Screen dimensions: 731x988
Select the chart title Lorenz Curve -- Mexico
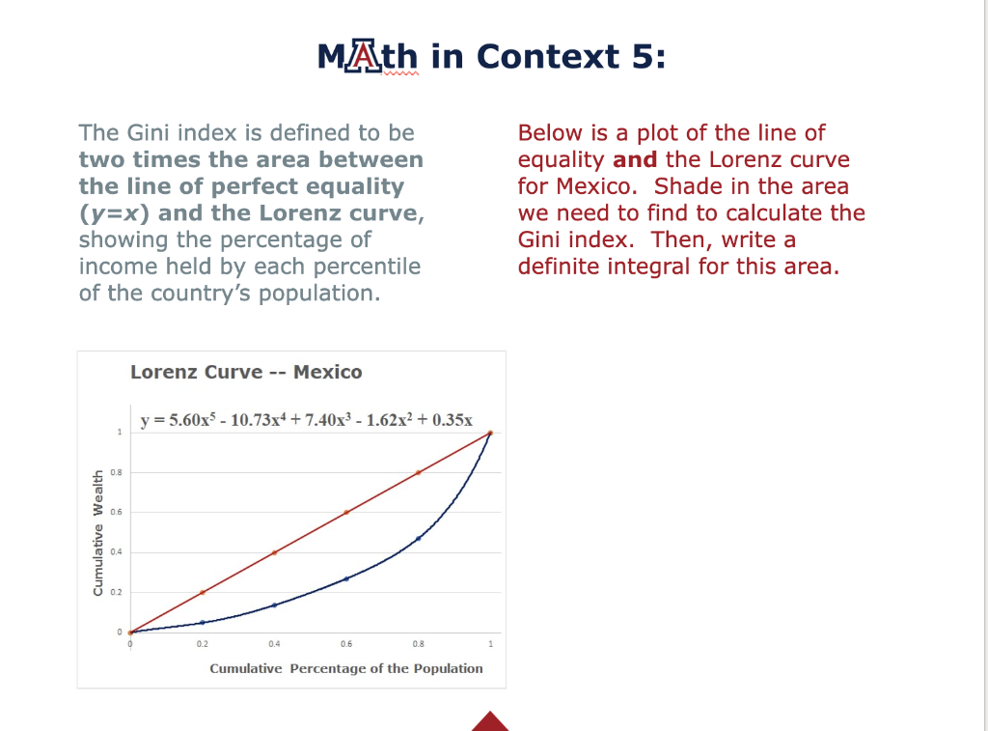tap(246, 372)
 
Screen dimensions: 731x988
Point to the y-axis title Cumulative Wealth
tap(97, 532)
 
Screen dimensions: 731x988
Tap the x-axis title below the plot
tap(346, 668)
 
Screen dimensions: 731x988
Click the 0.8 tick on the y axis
tap(117, 472)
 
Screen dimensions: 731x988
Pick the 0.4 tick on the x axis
tap(275, 643)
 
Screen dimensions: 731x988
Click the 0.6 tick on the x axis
tap(346, 643)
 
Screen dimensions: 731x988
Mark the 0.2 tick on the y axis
tap(117, 592)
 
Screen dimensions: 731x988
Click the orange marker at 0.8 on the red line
tap(418, 472)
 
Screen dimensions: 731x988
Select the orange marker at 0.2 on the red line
tap(202, 592)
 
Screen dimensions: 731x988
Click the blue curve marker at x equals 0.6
tap(346, 578)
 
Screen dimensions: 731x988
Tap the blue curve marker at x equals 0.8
tap(418, 538)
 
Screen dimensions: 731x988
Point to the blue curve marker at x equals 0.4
tap(275, 604)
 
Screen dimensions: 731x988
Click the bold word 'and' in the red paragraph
tap(634, 159)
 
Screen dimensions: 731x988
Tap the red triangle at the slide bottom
tap(490, 721)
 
